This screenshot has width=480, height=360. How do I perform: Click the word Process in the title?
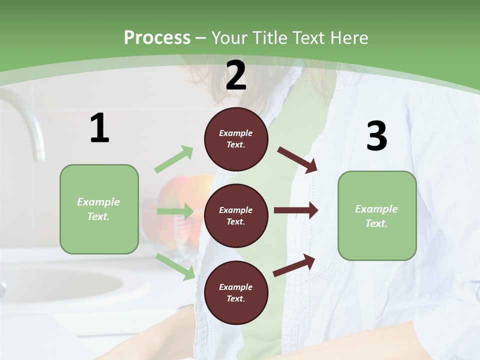(x=157, y=38)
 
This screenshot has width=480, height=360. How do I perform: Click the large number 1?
(x=99, y=128)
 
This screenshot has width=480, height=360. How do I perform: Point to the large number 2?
(x=236, y=75)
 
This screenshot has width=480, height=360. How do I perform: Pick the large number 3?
(x=376, y=136)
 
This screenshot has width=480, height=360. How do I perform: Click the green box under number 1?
(x=99, y=209)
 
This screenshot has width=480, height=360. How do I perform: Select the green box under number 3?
(x=377, y=216)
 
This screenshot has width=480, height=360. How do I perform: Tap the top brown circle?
(x=236, y=139)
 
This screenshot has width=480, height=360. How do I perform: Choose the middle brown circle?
(x=236, y=215)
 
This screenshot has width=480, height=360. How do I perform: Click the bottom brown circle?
(x=236, y=293)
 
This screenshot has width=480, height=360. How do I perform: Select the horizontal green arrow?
(x=175, y=211)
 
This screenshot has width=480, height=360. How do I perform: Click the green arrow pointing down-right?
(x=175, y=266)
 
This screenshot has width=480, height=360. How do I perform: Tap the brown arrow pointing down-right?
(x=297, y=159)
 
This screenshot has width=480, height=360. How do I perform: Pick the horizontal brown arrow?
(x=296, y=210)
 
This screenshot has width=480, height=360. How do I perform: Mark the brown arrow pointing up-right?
(x=294, y=265)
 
